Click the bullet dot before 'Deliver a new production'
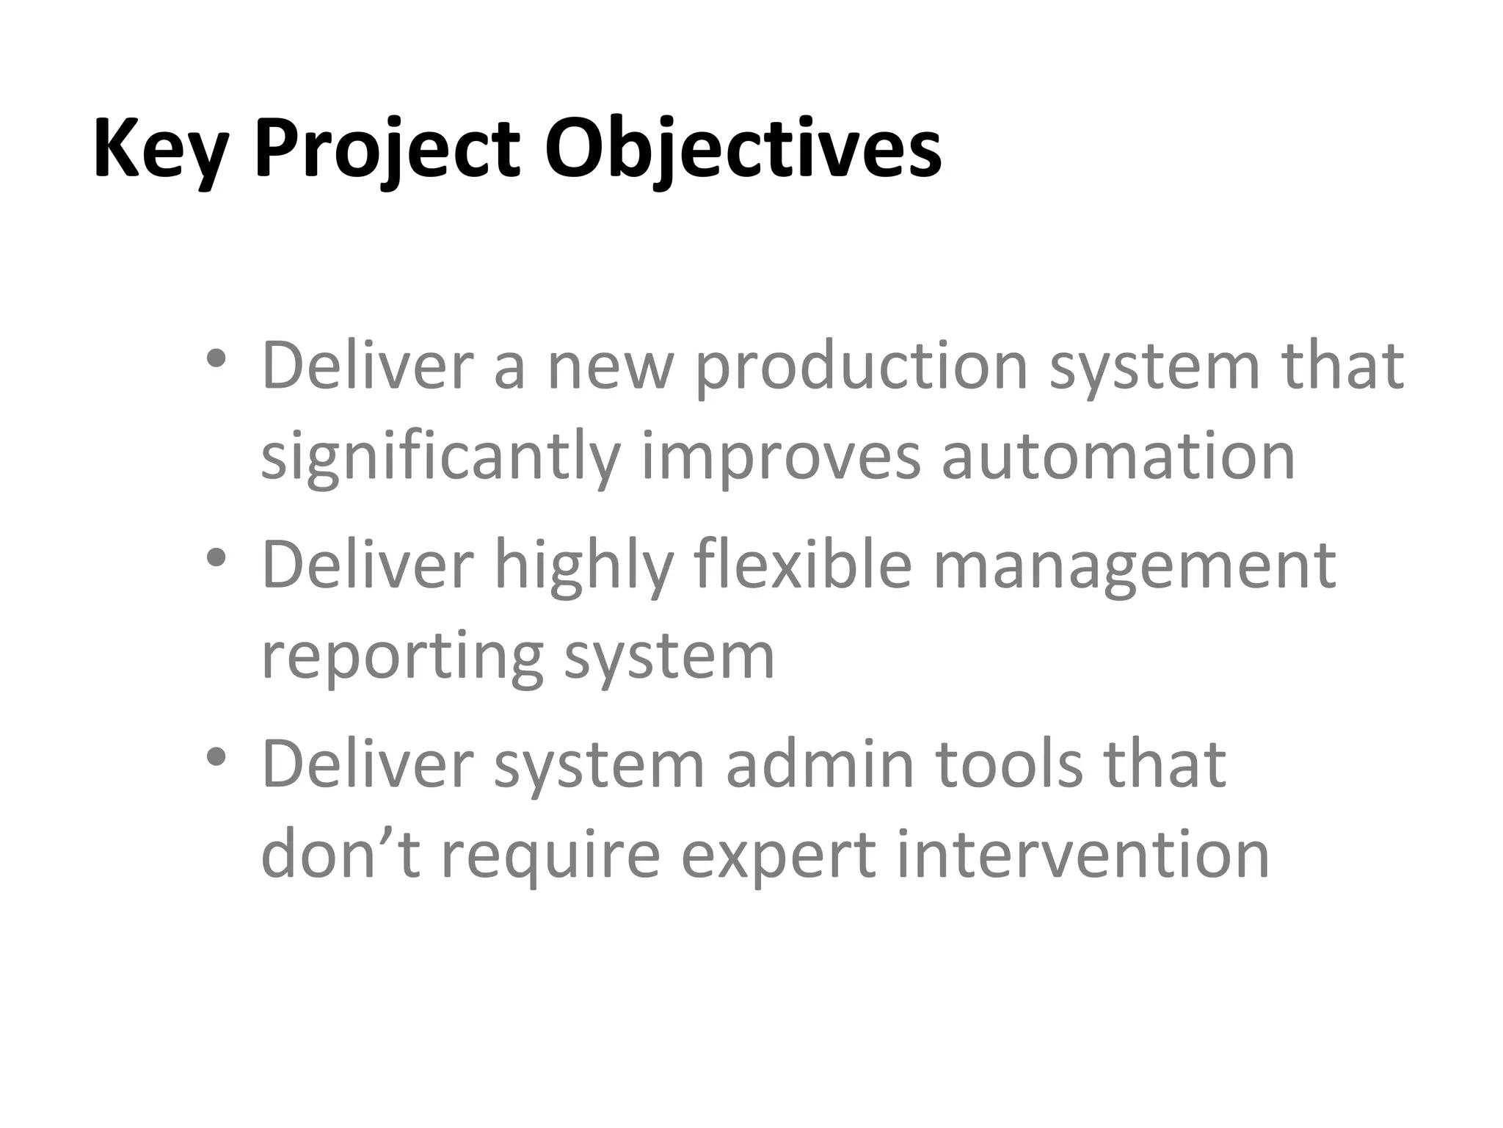point(216,359)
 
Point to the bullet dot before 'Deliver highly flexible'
point(216,558)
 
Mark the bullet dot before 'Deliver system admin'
point(216,756)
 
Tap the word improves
point(781,459)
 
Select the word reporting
point(402,657)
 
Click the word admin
point(820,764)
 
